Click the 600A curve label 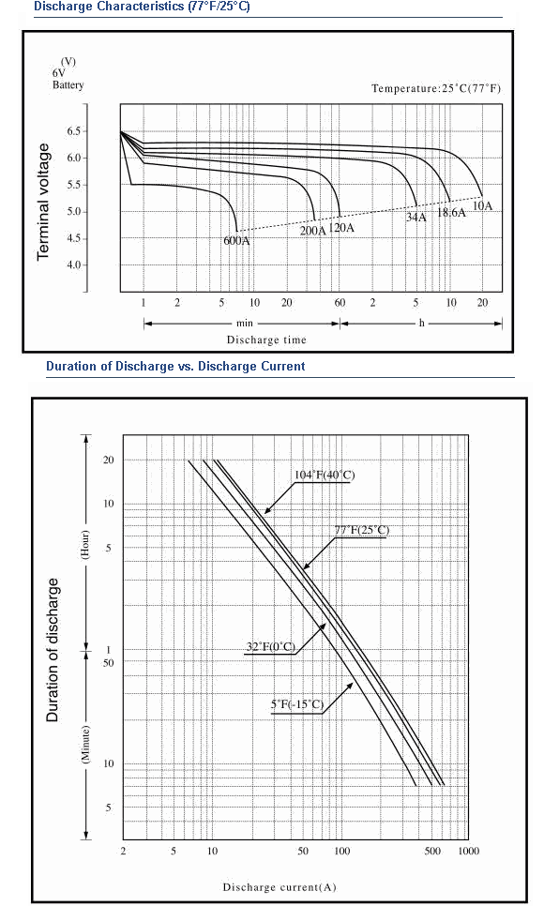click(237, 240)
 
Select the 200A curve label click(312, 231)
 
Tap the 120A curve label click(341, 228)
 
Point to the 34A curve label click(416, 218)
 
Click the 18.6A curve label click(451, 212)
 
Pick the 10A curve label click(483, 205)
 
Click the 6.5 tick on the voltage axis click(74, 131)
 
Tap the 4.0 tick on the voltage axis click(74, 265)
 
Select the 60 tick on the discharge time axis click(340, 302)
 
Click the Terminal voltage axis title click(43, 202)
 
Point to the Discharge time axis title click(266, 340)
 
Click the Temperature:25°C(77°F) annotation click(436, 88)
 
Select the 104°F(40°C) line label click(325, 475)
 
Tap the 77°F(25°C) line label click(362, 531)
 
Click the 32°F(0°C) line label click(270, 646)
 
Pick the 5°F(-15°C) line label click(297, 704)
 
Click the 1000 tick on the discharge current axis click(469, 851)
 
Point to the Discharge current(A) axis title click(280, 887)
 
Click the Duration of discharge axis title click(53, 650)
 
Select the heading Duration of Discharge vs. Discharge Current click(175, 367)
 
